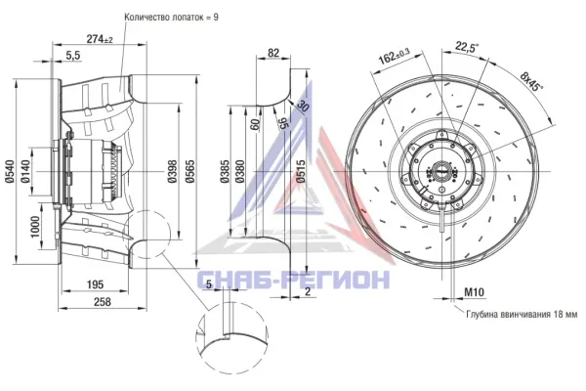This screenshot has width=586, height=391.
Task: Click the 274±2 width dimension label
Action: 100,38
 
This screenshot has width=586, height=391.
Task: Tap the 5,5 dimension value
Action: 73,56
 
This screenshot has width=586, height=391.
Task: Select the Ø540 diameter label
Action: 10,171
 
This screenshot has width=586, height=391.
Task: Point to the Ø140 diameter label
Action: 25,171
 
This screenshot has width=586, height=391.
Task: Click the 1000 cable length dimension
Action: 35,227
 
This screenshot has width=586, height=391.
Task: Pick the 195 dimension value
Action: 95,284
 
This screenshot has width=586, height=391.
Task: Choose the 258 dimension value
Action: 102,302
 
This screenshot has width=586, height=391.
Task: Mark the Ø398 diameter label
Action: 172,171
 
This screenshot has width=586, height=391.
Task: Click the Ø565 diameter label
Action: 189,171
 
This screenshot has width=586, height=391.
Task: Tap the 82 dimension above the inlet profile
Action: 273,53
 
